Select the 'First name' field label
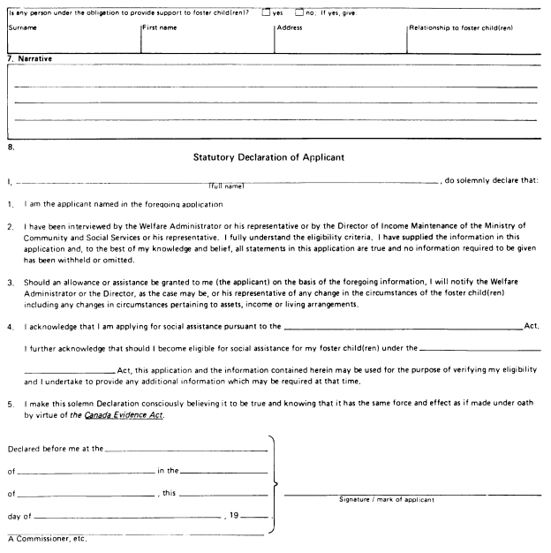[x=162, y=28]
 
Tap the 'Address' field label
[x=290, y=28]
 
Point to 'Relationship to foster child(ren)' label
[x=462, y=28]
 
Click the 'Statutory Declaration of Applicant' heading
[x=275, y=158]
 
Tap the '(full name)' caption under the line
[x=226, y=186]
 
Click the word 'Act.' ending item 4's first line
[x=532, y=326]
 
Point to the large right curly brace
[x=279, y=484]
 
